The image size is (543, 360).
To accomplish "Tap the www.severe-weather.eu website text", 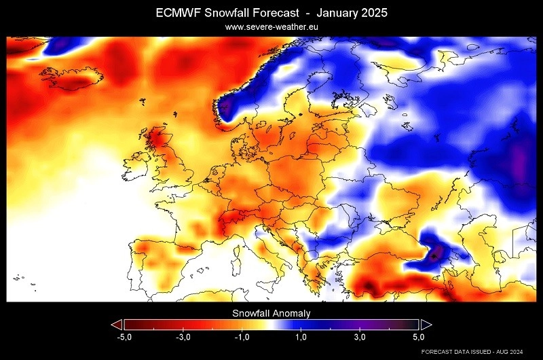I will coord(271,27).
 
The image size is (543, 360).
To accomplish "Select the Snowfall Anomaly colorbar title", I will coord(271,313).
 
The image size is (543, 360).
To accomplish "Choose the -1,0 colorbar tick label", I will coord(242,337).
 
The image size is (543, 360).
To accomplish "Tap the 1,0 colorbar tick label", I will coord(301,337).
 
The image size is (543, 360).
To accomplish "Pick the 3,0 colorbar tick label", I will coord(360,337).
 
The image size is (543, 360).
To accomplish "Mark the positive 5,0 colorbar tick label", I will coord(418,337).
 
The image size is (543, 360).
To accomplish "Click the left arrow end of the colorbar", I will coord(117,324).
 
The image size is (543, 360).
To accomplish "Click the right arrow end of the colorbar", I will coord(426,324).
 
